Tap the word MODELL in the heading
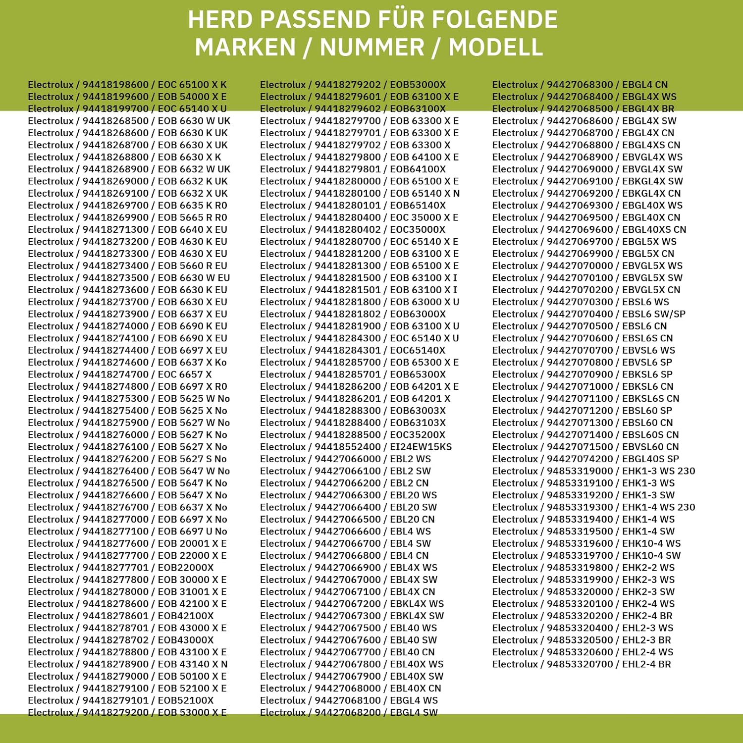496,48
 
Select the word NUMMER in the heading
372,48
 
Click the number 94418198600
115,85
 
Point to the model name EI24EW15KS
421,447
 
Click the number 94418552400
348,447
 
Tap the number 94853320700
580,664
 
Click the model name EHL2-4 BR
646,664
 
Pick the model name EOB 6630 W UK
194,121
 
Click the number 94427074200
580,459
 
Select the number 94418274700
115,374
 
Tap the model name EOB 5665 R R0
193,217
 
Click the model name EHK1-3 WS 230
659,471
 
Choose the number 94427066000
348,459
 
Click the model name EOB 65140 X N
425,193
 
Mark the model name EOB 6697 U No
193,531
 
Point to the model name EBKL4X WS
417,604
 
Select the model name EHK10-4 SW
651,556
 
